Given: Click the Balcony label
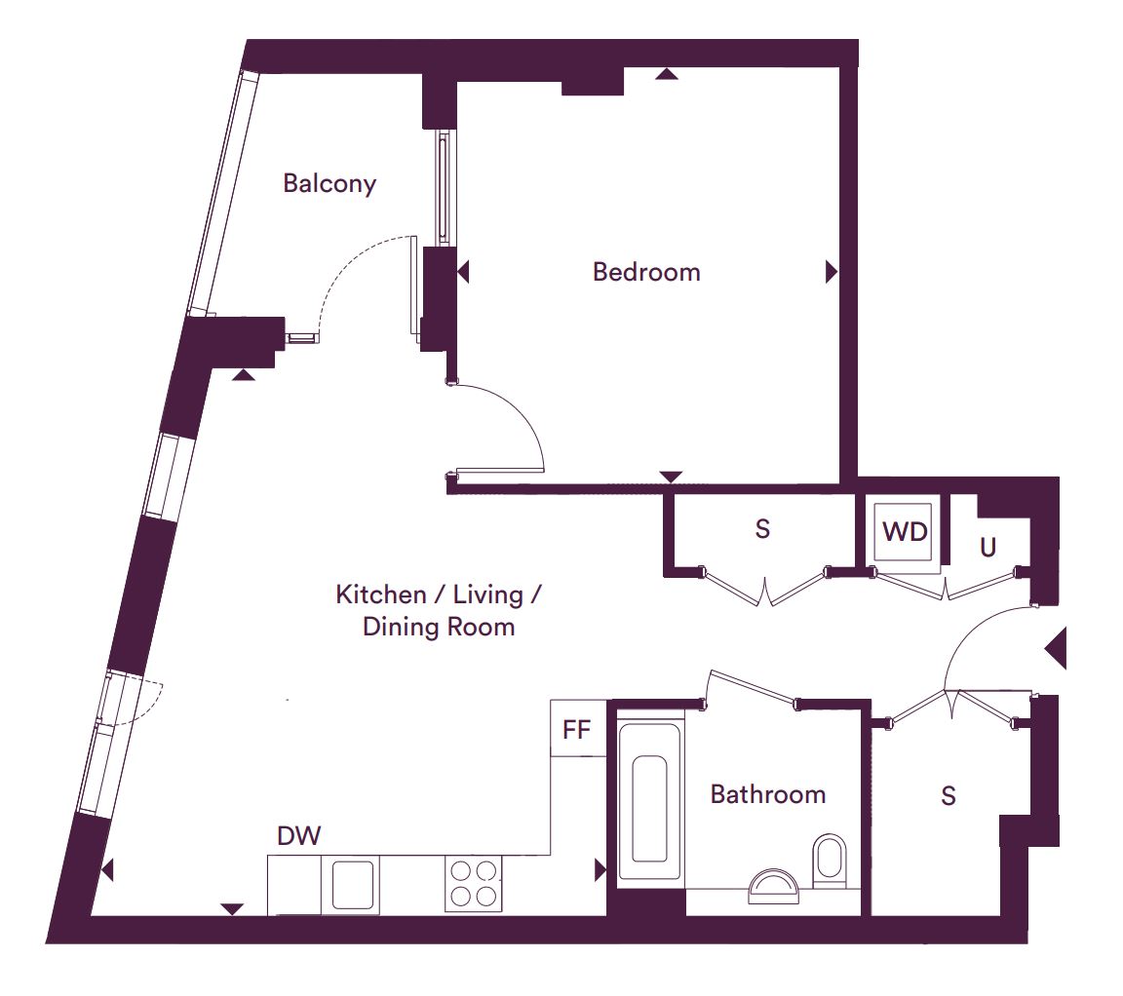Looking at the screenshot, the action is pos(329,184).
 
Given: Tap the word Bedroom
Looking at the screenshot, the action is pos(646,272).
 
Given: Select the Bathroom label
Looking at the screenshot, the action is pos(768,794).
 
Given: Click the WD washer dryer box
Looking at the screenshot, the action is pos(906,532).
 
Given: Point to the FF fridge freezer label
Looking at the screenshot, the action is pos(576,730).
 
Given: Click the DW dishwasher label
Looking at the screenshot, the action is pos(298,835).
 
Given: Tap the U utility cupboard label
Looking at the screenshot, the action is pos(987,548).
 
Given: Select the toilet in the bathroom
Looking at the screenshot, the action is pos(831,860).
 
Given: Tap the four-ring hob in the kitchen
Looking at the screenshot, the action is pos(474,884).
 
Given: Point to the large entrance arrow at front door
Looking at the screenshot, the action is pos(1057,649).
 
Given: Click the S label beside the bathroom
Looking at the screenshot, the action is pos(949,795).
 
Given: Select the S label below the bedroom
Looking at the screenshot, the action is pos(762,528).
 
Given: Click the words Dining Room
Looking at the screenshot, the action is pos(439,628).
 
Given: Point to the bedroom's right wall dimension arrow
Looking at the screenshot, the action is pos(831,272).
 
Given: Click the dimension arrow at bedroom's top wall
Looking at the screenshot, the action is pos(667,73).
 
